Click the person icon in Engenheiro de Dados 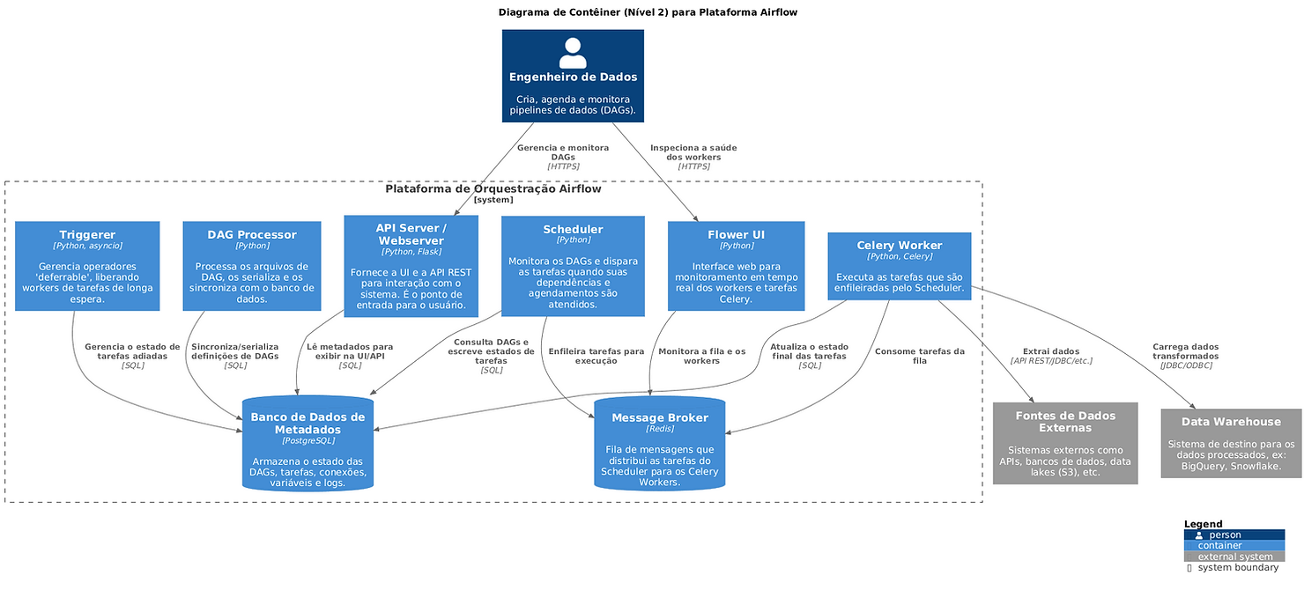[573, 53]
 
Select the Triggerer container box [87, 266]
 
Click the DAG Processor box [252, 266]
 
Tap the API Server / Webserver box [411, 266]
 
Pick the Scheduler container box [573, 266]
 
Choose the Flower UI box [736, 266]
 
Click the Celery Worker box [899, 266]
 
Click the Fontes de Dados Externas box [1065, 443]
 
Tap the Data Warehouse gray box [1231, 443]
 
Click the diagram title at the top [648, 12]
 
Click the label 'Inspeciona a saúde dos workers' [693, 152]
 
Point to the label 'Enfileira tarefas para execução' [596, 356]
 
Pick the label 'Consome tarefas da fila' [919, 356]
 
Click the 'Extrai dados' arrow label [1051, 351]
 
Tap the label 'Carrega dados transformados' [1185, 351]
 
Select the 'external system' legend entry [1234, 557]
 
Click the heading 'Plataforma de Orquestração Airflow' [493, 189]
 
